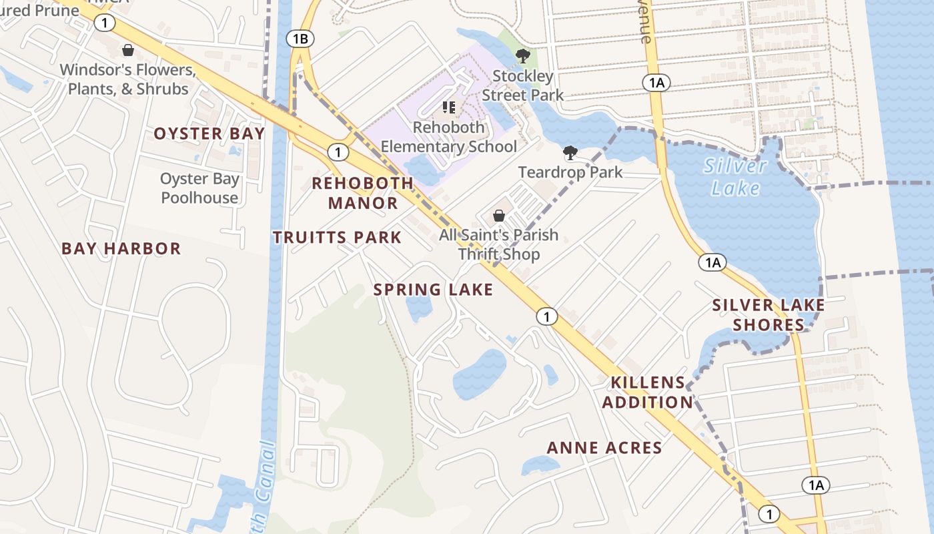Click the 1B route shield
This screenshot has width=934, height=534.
pos(300,39)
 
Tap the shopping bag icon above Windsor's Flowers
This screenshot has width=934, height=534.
pos(127,50)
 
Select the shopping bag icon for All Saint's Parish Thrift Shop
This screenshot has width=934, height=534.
pos(498,216)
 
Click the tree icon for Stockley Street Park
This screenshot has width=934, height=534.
pos(523,56)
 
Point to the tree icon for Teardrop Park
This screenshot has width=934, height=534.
pos(570,154)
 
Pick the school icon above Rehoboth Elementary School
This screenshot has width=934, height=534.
pos(449,107)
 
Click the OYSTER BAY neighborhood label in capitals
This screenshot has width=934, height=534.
pos(209,133)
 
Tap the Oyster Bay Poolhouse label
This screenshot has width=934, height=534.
pos(199,188)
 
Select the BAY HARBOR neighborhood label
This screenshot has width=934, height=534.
pos(121,249)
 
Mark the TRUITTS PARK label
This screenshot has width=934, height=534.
pos(337,237)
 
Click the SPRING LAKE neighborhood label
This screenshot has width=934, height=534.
pos(433,290)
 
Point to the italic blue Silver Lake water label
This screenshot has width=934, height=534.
pos(735,177)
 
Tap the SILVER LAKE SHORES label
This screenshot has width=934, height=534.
pos(769,315)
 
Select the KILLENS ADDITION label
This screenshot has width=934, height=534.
pos(647,392)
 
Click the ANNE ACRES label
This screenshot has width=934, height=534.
pos(604,448)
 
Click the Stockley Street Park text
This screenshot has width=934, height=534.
pos(523,85)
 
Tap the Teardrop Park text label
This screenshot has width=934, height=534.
pos(570,172)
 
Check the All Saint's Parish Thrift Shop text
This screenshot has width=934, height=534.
pos(498,244)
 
